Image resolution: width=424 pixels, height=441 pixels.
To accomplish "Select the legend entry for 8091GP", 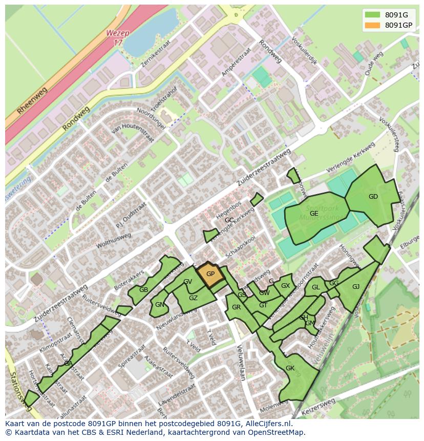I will [398, 25].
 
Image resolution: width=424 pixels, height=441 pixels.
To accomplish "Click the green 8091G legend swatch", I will [372, 15].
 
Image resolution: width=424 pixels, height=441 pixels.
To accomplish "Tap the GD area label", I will [373, 197].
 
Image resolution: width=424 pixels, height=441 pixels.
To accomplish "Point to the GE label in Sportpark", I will [314, 214].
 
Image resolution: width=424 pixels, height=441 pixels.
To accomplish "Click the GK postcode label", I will [290, 368].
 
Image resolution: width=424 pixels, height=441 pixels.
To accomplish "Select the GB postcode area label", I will [143, 290].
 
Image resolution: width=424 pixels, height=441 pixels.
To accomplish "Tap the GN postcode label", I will [160, 305].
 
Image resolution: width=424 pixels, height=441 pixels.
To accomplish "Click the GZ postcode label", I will [193, 298].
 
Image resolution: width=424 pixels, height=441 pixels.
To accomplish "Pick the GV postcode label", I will [187, 282].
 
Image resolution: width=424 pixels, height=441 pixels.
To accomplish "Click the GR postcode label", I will [236, 307].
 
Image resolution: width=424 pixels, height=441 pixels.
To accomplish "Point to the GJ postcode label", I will [356, 287].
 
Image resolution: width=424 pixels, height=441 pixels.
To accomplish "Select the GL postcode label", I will [315, 287].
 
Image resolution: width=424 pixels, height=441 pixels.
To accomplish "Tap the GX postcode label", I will [285, 286].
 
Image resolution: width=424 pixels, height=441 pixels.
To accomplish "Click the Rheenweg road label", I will [32, 100].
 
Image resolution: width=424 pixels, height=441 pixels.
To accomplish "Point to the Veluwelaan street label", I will [240, 362].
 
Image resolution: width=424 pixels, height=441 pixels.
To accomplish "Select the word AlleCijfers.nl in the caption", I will [268, 424].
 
